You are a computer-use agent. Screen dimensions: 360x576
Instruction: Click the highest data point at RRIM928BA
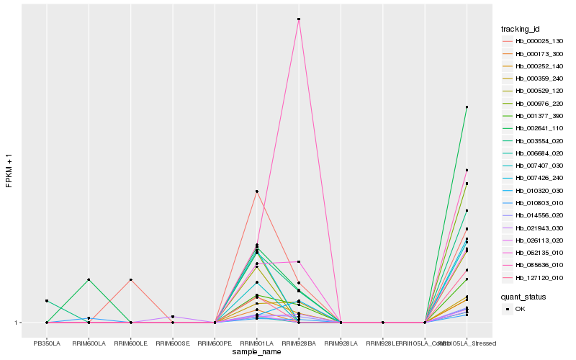tap(299, 19)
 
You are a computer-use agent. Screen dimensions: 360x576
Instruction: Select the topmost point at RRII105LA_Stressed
tap(467, 107)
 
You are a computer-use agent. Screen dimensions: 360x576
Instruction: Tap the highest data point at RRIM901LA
tap(256, 192)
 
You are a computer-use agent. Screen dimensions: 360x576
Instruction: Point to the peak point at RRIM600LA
tap(89, 279)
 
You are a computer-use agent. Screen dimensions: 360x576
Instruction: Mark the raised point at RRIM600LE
tap(131, 279)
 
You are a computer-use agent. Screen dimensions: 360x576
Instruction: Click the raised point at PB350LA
tap(47, 301)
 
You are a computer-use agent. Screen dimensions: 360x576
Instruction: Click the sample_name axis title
tap(256, 352)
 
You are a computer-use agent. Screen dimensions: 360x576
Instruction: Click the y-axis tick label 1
tap(17, 323)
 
